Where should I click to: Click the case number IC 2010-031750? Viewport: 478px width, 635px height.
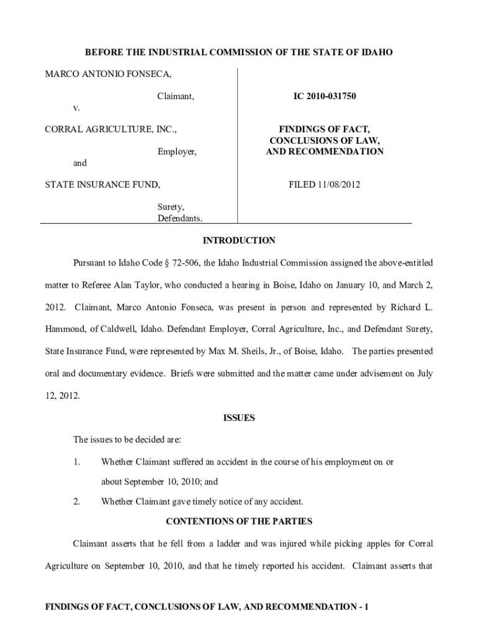coord(325,97)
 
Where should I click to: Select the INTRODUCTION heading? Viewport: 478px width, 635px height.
coord(239,241)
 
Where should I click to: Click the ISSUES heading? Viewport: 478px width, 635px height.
coord(239,418)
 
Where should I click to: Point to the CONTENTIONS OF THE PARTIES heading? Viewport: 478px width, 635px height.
coord(239,522)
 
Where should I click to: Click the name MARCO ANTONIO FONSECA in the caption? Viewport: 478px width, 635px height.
coord(108,74)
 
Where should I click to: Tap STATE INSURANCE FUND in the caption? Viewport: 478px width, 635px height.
coord(102,184)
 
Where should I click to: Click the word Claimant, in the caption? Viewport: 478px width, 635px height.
coord(176,97)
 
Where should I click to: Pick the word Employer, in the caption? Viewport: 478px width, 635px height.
coord(177,151)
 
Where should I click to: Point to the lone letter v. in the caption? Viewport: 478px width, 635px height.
coord(76,108)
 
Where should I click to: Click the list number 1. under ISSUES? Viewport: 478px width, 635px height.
coord(77,462)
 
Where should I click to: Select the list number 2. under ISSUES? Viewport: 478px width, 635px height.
coord(77,502)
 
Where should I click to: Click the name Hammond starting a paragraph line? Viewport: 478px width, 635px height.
coord(67,329)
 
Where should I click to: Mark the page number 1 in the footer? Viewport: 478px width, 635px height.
coord(367,607)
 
